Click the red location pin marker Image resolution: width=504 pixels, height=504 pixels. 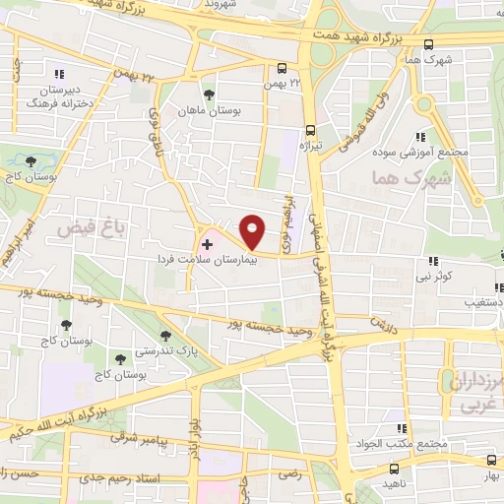(252, 231)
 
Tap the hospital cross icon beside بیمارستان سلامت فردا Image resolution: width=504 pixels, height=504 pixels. (207, 243)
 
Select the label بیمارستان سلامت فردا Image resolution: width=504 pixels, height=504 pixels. (204, 260)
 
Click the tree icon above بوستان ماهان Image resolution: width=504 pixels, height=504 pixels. (209, 95)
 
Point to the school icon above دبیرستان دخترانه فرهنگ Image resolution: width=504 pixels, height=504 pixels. (60, 74)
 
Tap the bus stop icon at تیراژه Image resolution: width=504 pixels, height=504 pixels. (310, 129)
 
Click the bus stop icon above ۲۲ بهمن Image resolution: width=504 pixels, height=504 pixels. (283, 68)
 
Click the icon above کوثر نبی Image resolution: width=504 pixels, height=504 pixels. (432, 261)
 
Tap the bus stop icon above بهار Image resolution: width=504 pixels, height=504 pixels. (491, 460)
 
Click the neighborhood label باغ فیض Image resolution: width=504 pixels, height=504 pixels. (79, 228)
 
